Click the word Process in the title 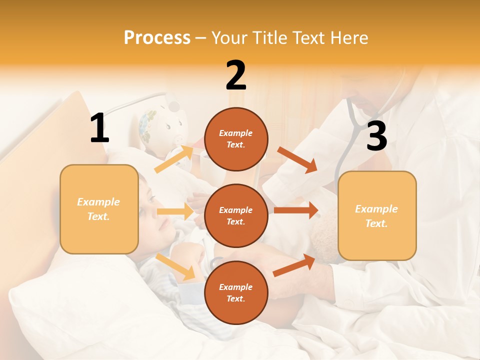tap(157, 37)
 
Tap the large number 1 tap(99, 128)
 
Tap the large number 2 tap(236, 75)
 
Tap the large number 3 tap(376, 136)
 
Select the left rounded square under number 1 tap(99, 209)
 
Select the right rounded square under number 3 tap(377, 215)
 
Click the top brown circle tap(236, 139)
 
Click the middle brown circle tap(236, 215)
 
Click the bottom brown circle tap(236, 292)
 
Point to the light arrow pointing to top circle tap(174, 159)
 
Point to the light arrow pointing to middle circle tap(175, 211)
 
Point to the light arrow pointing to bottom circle tap(175, 266)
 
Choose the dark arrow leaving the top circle tap(297, 160)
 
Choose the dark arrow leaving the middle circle tap(296, 210)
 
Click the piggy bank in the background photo tap(162, 122)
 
